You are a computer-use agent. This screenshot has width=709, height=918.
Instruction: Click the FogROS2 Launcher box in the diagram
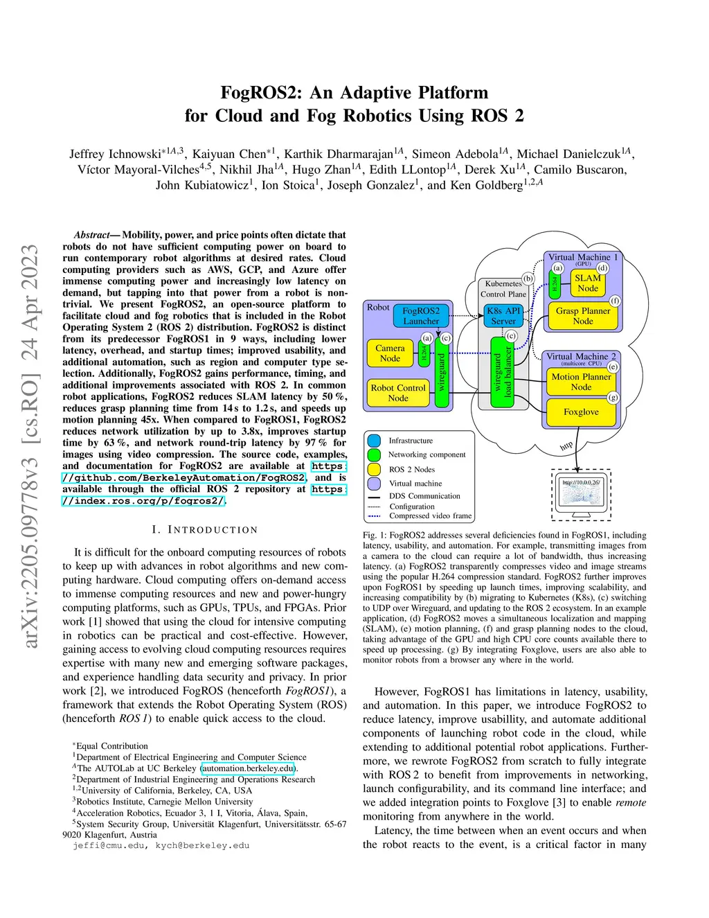421,316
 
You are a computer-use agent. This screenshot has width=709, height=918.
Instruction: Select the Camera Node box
390,353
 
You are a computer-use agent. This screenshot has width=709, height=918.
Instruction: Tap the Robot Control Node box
397,393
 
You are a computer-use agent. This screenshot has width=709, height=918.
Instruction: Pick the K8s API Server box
503,316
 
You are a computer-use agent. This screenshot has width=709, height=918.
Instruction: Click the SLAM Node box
588,283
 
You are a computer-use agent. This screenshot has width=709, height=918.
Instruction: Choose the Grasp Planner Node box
583,316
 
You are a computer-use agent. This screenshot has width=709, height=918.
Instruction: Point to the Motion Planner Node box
581,382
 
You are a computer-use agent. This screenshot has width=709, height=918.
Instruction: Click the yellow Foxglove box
581,412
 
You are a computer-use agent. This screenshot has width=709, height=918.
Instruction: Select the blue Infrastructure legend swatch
374,441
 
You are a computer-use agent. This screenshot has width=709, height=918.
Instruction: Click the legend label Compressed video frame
430,515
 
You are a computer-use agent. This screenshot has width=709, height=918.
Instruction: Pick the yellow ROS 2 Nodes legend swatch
374,469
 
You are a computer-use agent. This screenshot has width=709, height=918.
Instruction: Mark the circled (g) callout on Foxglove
613,397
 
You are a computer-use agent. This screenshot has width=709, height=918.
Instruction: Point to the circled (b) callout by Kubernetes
528,279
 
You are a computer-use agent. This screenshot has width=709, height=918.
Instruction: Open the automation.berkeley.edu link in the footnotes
248,768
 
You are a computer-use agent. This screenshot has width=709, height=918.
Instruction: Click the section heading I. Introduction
205,530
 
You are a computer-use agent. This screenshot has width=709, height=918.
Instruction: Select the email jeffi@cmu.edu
107,845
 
